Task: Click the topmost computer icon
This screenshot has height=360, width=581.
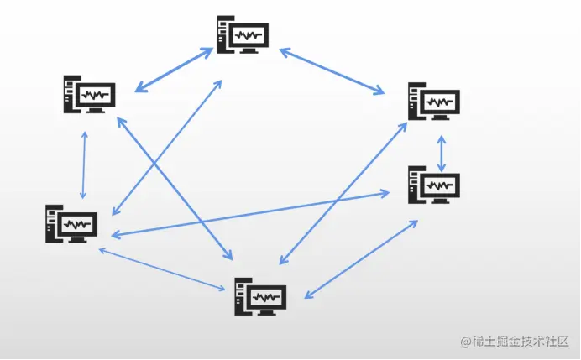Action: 243,34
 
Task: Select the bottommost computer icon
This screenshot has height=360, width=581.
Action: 260,296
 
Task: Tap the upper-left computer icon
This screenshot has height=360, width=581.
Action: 89,95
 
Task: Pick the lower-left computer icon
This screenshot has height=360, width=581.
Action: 71,224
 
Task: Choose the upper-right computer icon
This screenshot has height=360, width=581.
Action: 434,101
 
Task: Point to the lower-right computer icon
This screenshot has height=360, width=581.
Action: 434,185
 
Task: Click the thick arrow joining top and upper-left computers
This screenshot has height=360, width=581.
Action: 174,70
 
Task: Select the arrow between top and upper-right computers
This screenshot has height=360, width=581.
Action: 332,71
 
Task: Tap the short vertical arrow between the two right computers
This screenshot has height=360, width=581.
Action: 442,154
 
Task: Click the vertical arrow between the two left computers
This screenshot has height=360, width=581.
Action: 84,165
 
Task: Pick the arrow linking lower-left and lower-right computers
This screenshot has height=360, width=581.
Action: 250,214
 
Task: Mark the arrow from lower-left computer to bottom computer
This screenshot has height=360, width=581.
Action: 162,269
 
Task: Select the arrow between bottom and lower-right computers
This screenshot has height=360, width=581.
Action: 361,259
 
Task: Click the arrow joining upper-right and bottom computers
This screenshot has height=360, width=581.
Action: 343,193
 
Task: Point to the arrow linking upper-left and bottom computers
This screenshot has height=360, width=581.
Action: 175,189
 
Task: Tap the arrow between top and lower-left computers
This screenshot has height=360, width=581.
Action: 167,148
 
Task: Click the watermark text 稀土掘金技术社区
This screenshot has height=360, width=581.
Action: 521,341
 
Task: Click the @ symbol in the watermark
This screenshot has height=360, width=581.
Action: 466,342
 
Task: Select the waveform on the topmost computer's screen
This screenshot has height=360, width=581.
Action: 249,35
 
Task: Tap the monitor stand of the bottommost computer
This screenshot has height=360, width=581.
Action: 266,311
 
